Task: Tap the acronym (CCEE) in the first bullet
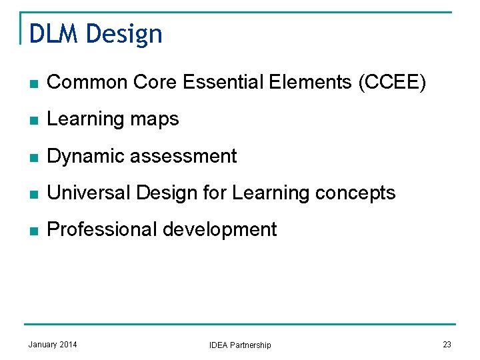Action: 392,83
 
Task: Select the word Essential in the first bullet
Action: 223,83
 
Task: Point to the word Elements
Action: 312,83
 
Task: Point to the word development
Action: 219,230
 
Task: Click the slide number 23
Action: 447,344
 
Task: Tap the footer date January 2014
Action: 53,344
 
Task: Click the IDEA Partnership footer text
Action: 240,345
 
